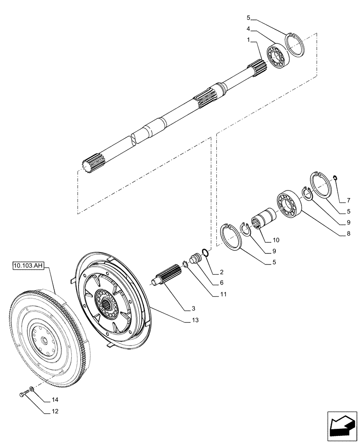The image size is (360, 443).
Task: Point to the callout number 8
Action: point(348,233)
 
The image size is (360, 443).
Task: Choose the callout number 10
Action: point(276,241)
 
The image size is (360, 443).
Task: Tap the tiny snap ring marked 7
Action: point(336,178)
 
